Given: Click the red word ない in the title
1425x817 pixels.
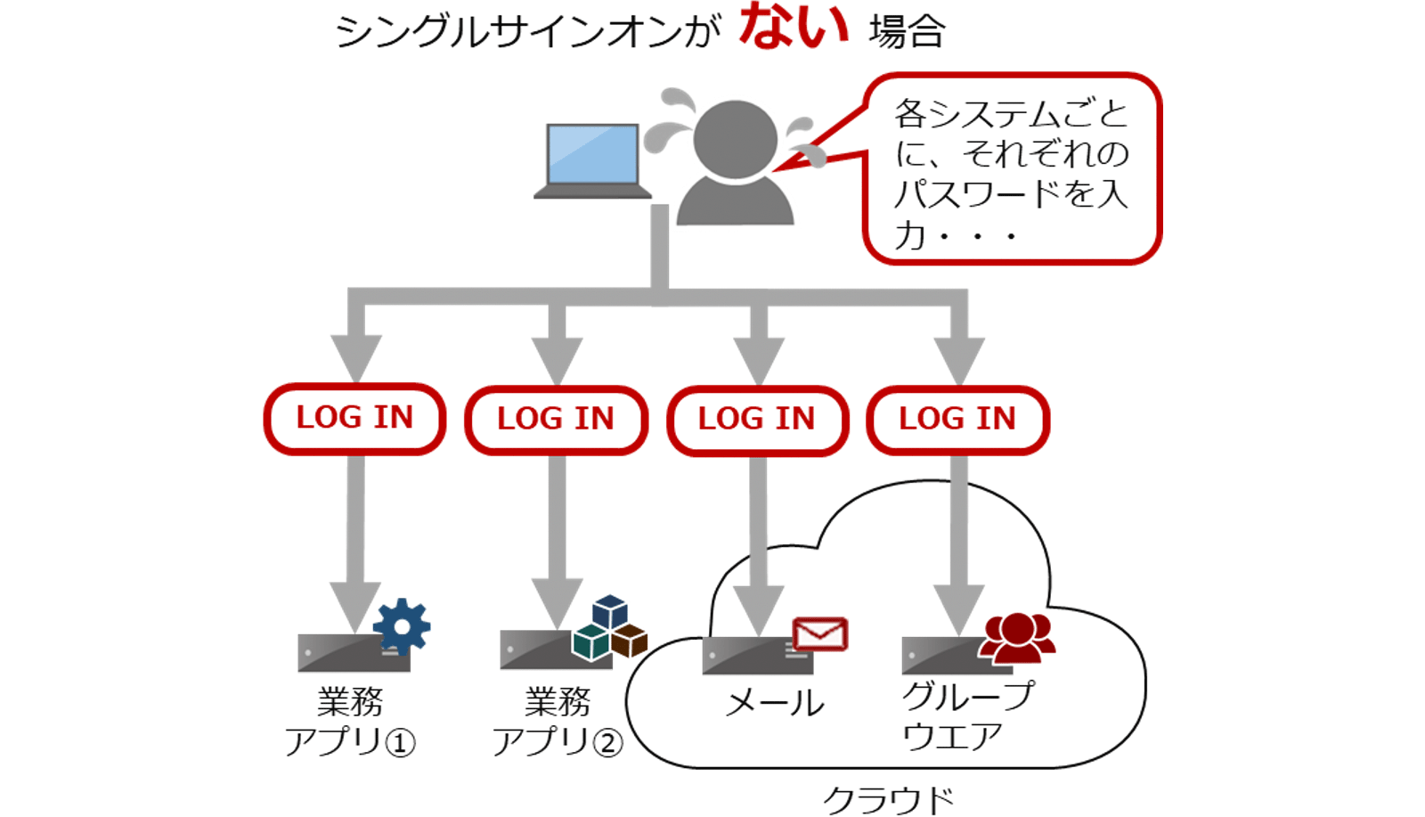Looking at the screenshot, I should click(793, 27).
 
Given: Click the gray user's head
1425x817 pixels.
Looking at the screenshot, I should click(735, 139).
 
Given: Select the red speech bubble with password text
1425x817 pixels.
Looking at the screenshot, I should click(1013, 169).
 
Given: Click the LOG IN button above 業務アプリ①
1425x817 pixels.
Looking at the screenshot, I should click(354, 418).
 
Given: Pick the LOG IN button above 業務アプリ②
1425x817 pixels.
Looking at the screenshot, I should click(556, 419).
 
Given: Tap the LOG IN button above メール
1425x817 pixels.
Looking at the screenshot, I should click(757, 419).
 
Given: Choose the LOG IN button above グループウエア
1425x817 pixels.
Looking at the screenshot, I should click(957, 419).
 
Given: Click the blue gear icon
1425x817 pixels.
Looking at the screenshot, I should click(402, 626).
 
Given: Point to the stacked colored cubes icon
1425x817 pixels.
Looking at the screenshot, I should click(610, 627).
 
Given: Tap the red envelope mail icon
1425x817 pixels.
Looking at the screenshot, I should click(819, 634).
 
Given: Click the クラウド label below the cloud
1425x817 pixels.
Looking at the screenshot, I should click(888, 799).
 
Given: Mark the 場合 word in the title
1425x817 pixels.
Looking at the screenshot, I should click(907, 33).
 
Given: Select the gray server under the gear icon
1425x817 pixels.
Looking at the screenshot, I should click(353, 654).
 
